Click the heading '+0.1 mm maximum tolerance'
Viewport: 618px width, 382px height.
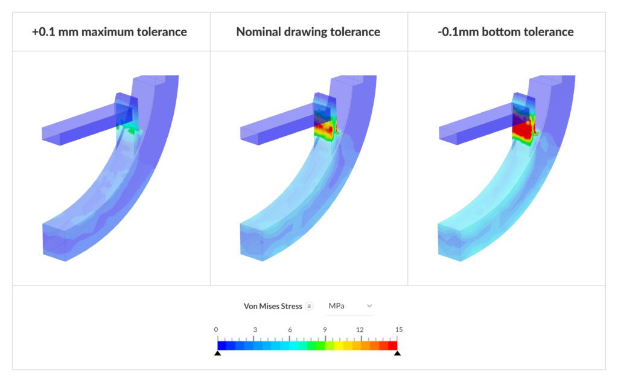(109, 31)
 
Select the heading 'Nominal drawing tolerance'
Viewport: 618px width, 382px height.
(308, 31)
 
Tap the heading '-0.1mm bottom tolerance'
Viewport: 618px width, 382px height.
(506, 31)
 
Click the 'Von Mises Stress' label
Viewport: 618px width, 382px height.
(273, 306)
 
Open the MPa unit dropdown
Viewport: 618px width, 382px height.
(350, 306)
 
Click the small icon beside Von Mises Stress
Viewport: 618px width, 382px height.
(309, 306)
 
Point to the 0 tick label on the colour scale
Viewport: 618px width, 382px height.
(216, 329)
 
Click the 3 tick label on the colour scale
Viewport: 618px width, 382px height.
(255, 329)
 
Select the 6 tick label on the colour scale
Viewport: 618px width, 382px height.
(290, 329)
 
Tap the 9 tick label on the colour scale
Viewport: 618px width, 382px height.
(325, 329)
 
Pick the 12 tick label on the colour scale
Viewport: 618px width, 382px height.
(360, 329)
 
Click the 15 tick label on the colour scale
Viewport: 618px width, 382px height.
(399, 329)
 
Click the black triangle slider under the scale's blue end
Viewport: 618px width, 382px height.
(217, 353)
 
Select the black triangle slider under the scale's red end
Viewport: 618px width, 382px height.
(397, 353)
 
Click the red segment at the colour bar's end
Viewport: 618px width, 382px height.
(392, 345)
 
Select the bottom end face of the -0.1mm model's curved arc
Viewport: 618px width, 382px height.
(450, 241)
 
